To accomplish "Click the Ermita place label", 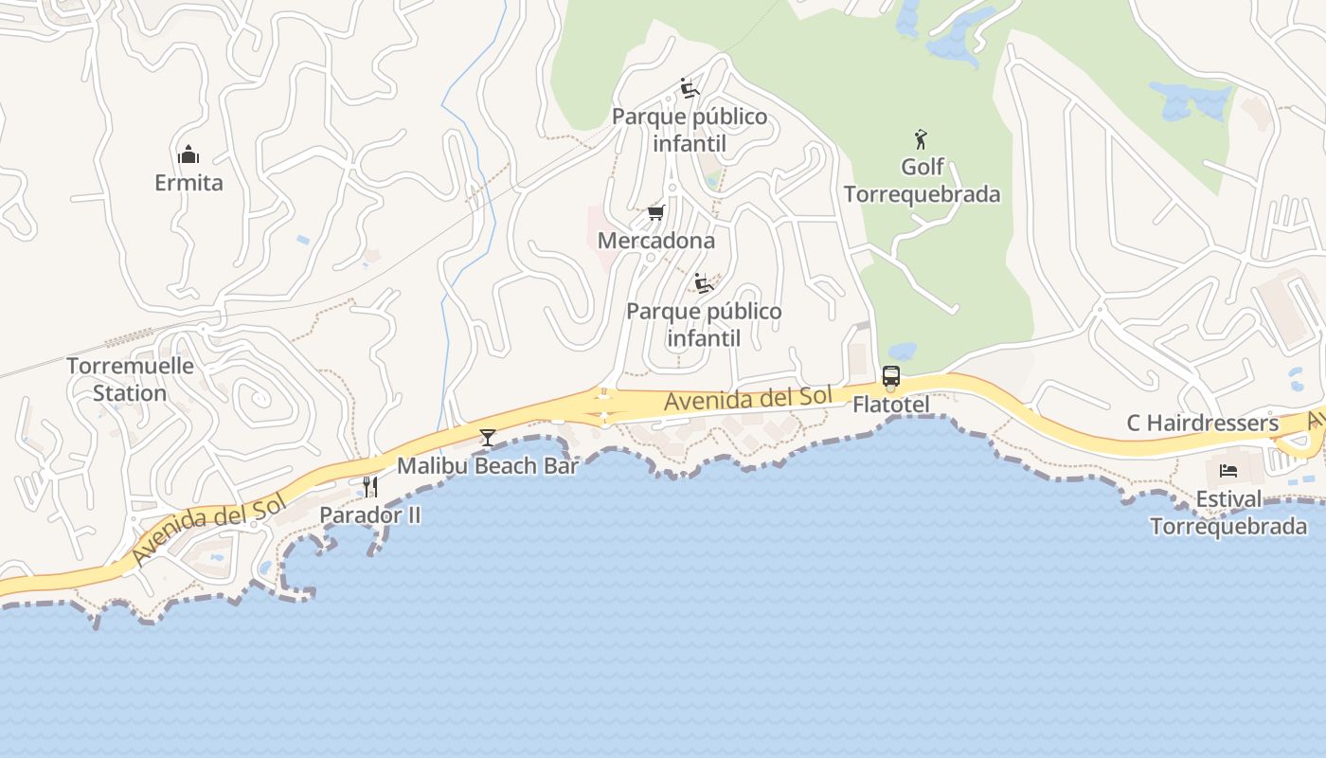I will click(188, 183).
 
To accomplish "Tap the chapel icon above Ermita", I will click(188, 154).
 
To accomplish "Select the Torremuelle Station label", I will click(130, 379).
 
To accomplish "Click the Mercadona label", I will click(655, 241).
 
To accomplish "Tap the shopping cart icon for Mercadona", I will click(655, 212).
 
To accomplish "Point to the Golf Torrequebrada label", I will click(922, 180).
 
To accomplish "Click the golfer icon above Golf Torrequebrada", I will click(921, 139).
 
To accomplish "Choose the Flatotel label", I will click(890, 405).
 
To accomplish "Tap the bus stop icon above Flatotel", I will click(890, 376).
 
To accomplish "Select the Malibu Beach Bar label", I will click(487, 465).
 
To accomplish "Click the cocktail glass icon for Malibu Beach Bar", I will click(488, 437).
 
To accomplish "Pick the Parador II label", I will click(369, 514).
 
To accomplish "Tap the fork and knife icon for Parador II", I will click(370, 487).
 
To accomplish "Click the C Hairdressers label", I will click(1202, 423).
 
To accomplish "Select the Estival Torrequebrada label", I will click(1228, 513).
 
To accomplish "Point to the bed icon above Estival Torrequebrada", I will click(1228, 471).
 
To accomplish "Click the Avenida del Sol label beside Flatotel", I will click(747, 399).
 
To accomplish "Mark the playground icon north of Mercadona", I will click(690, 88).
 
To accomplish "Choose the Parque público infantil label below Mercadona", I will click(704, 324).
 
